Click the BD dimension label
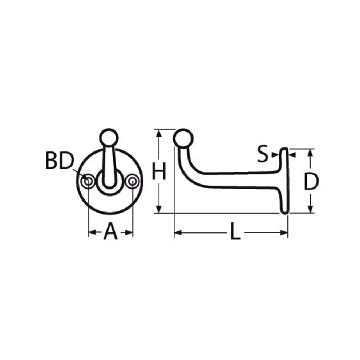click(60, 161)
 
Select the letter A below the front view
click(110, 231)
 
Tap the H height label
click(159, 171)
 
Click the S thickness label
click(262, 154)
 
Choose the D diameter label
click(311, 182)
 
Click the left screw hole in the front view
click(88, 181)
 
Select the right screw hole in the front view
click(132, 181)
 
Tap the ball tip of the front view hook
click(109, 138)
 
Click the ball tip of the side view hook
click(183, 138)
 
